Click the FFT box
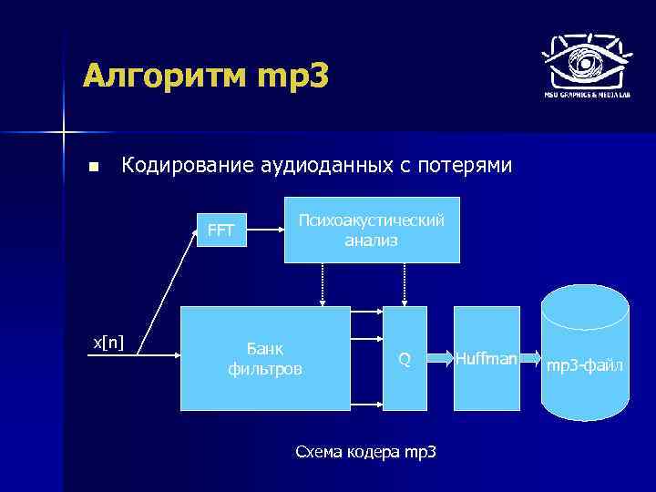point(221,230)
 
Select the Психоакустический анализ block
point(372,231)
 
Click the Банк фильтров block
point(265,359)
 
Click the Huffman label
point(487,359)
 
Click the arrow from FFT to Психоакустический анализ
point(266,231)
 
